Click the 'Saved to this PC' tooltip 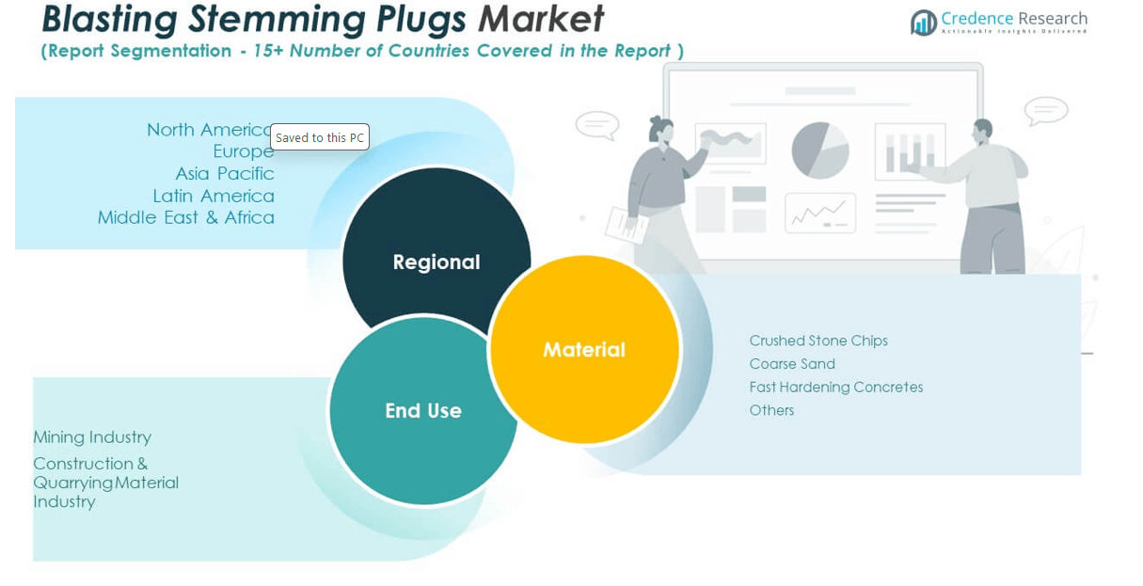pyautogui.click(x=320, y=137)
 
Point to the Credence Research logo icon pyautogui.click(x=923, y=22)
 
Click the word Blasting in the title pyautogui.click(x=109, y=20)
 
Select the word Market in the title pyautogui.click(x=541, y=20)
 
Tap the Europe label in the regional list pyautogui.click(x=244, y=151)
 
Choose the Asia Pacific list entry pyautogui.click(x=225, y=174)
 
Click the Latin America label pyautogui.click(x=214, y=196)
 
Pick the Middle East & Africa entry pyautogui.click(x=186, y=217)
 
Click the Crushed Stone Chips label pyautogui.click(x=818, y=341)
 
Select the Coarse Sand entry pyautogui.click(x=792, y=364)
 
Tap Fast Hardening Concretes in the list pyautogui.click(x=836, y=387)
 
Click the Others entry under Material pyautogui.click(x=771, y=410)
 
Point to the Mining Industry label pyautogui.click(x=92, y=437)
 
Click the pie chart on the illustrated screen pyautogui.click(x=819, y=150)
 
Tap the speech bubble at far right pyautogui.click(x=1046, y=110)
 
